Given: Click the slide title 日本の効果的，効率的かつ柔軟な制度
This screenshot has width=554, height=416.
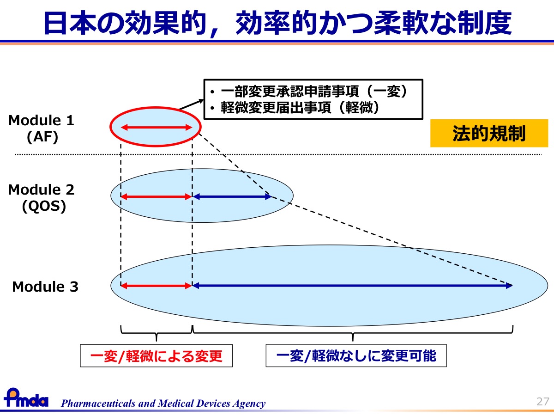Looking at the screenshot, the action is click(277, 23).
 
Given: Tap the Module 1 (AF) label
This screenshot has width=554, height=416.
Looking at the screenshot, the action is click(42, 128).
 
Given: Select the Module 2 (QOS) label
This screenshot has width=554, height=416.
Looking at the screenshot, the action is click(42, 198).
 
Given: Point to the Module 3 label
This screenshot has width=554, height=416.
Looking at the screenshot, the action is click(45, 287).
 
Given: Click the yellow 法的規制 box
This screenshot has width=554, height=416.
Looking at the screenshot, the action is click(489, 133).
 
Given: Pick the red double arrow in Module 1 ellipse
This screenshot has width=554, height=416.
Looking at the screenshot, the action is click(157, 127).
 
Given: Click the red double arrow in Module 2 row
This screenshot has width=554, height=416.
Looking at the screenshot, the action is click(157, 196).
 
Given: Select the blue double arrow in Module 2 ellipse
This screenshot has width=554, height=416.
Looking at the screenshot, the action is click(232, 196).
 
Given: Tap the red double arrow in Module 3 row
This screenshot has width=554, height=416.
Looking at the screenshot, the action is click(157, 286).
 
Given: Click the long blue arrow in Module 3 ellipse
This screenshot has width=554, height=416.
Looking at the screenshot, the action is click(353, 286).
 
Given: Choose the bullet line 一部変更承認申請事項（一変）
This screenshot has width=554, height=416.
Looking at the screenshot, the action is click(308, 91).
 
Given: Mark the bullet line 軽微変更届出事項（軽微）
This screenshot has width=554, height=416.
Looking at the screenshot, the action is click(295, 108).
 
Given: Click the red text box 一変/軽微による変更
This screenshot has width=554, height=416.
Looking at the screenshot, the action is click(156, 355).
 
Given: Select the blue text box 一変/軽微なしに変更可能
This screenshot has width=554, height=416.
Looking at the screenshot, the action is click(356, 355).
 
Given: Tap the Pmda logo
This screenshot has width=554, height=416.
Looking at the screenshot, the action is click(26, 398).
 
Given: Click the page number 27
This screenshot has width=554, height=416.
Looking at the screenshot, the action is click(542, 402).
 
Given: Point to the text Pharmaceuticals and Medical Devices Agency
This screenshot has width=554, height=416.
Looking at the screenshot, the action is click(163, 403).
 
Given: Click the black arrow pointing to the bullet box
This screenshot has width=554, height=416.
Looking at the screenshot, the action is click(191, 104).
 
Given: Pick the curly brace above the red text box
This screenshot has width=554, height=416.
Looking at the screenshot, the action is click(157, 333).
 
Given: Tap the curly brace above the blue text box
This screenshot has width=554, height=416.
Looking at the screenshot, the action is click(353, 333).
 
